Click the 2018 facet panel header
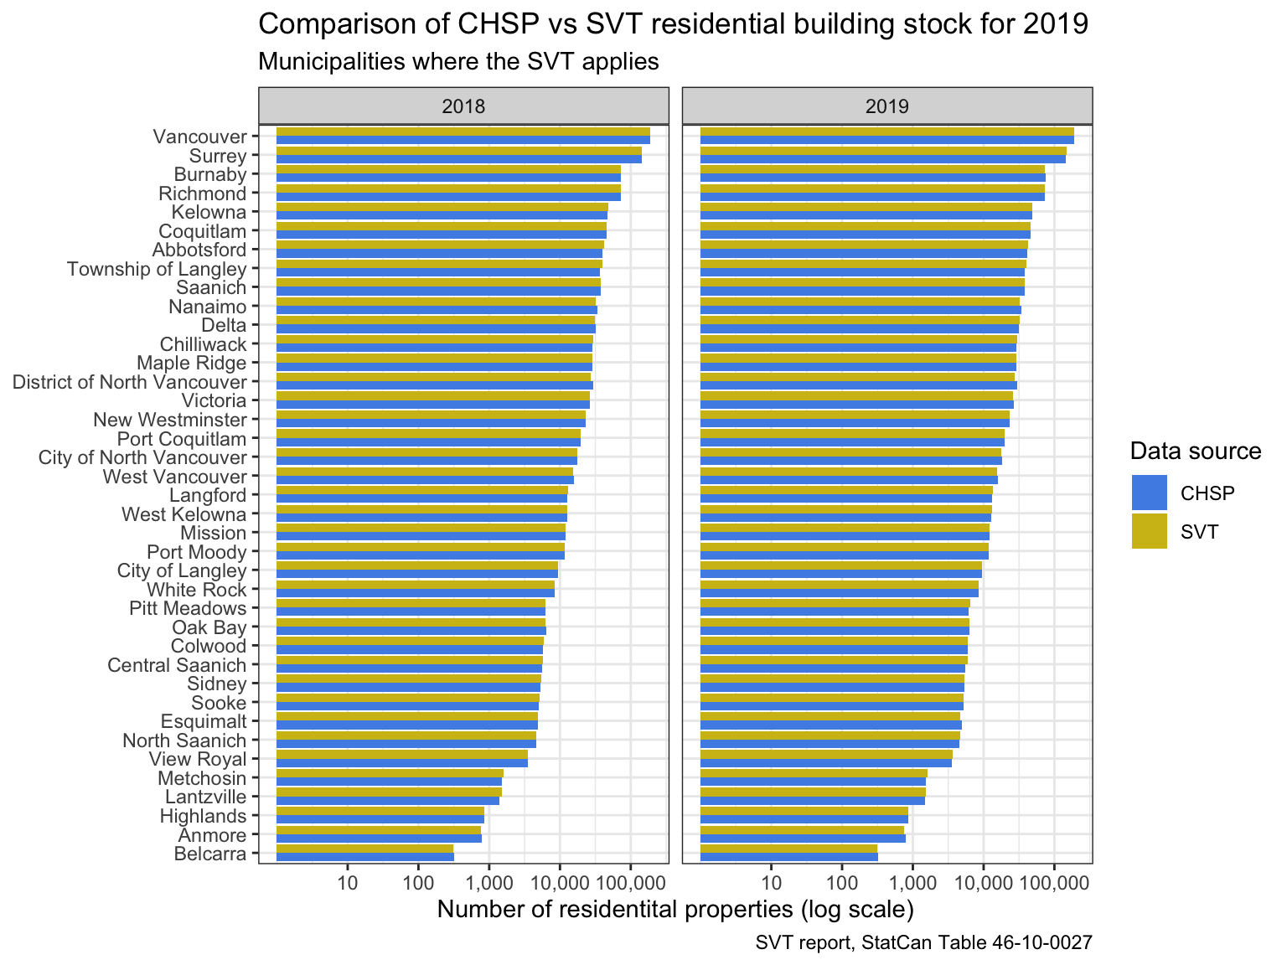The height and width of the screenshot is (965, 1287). [x=463, y=106]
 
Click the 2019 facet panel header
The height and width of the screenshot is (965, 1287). [x=887, y=106]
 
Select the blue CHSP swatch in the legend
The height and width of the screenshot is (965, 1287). [x=1149, y=493]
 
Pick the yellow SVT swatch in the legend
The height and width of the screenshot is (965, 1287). [x=1149, y=531]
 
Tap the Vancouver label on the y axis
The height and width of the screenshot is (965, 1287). [x=200, y=137]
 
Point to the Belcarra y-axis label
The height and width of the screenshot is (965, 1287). [x=210, y=854]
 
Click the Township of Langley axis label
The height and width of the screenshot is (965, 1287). [x=157, y=269]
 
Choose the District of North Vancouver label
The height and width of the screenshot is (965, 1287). [x=130, y=382]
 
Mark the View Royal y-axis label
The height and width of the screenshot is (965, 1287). [x=198, y=760]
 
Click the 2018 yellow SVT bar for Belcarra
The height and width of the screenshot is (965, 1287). [x=364, y=849]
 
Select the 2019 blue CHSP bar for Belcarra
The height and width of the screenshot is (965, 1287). [x=788, y=857]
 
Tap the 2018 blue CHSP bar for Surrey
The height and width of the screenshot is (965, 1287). [x=458, y=159]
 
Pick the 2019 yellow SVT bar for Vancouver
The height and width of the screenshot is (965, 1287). [x=886, y=131]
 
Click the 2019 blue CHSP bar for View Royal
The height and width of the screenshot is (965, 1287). [x=825, y=763]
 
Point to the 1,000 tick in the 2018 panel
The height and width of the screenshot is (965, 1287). [x=488, y=882]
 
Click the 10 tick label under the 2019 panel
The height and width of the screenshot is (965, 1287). [x=772, y=882]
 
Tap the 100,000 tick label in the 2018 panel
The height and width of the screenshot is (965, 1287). [x=630, y=882]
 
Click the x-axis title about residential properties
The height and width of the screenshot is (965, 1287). [x=675, y=909]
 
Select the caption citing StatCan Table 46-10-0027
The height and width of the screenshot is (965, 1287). [x=923, y=943]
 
